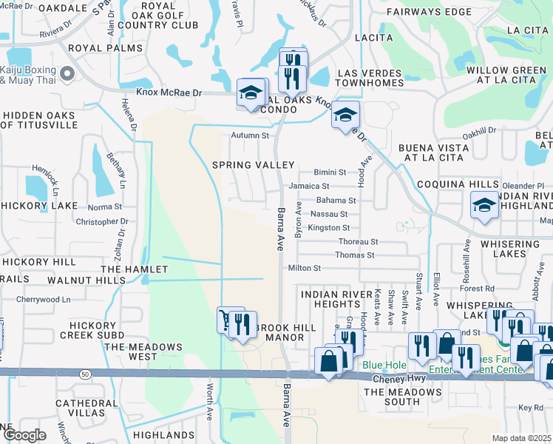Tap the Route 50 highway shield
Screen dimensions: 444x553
coord(86,375)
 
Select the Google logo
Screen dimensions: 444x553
coord(25,434)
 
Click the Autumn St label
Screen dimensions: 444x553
coord(250,135)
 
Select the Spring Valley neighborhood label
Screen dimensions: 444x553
coord(254,164)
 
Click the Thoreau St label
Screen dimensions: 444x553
coord(358,242)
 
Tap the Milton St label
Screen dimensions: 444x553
coord(305,268)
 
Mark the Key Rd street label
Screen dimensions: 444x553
coord(530,408)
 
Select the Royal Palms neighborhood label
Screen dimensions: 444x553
coord(104,48)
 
